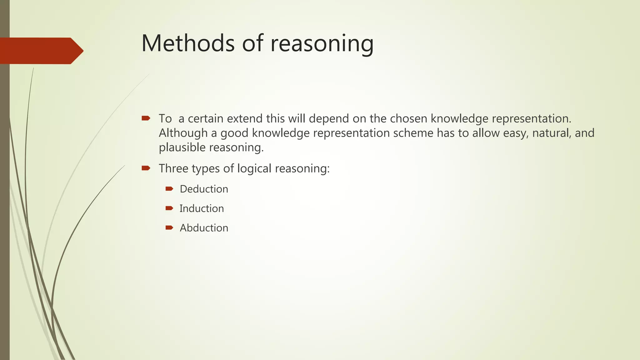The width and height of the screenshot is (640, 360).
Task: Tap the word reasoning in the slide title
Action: pyautogui.click(x=322, y=44)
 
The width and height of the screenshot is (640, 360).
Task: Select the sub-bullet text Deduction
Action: pyautogui.click(x=204, y=189)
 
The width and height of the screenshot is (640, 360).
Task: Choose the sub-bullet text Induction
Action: pyautogui.click(x=202, y=208)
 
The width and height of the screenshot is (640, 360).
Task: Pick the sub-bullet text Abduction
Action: pyautogui.click(x=204, y=228)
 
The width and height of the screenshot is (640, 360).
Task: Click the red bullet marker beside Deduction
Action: pyautogui.click(x=169, y=189)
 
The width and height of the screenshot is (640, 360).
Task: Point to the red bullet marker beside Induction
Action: pyautogui.click(x=169, y=208)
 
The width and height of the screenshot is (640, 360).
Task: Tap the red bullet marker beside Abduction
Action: pyautogui.click(x=169, y=227)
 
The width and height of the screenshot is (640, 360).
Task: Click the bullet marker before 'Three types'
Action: pyautogui.click(x=146, y=168)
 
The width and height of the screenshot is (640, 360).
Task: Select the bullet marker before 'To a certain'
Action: pyautogui.click(x=146, y=118)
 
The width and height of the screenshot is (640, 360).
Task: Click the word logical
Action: pyautogui.click(x=254, y=169)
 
